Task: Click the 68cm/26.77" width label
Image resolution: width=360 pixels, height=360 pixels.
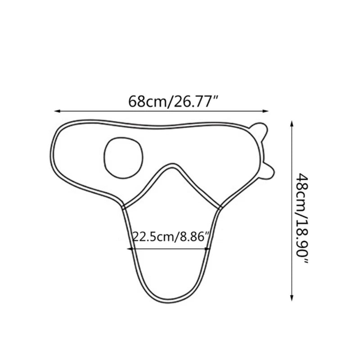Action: click(173, 101)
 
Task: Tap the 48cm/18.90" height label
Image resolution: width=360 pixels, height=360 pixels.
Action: click(301, 218)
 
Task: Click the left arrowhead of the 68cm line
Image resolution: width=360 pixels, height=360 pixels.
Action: click(57, 111)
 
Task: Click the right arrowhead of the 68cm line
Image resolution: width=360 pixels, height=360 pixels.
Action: click(265, 111)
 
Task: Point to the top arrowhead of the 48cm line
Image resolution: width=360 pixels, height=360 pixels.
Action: click(292, 124)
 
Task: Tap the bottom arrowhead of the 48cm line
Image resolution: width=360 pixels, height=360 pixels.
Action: click(292, 298)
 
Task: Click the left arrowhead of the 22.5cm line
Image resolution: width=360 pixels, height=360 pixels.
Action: click(130, 249)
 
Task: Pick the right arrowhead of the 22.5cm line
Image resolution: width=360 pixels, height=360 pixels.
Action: click(207, 249)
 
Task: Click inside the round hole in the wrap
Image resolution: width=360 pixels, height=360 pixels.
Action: click(123, 158)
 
